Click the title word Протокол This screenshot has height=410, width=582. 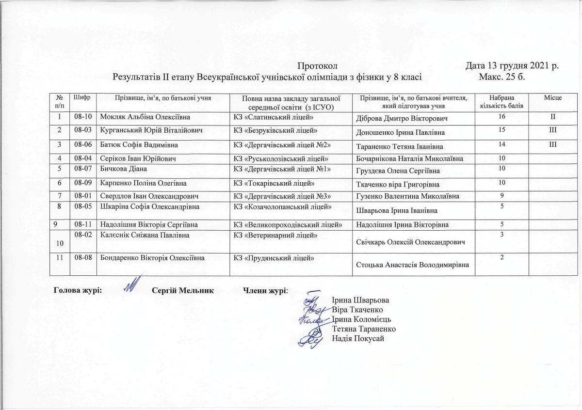(317, 65)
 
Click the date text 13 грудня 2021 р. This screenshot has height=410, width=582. (512, 65)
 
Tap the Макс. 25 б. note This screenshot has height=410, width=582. (502, 77)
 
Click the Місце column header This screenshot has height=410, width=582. (552, 98)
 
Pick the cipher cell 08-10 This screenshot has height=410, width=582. (83, 117)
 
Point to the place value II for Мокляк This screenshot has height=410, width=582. (552, 117)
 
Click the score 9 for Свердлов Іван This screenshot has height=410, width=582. (501, 195)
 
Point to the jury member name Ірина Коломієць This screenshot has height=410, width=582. (361, 319)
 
